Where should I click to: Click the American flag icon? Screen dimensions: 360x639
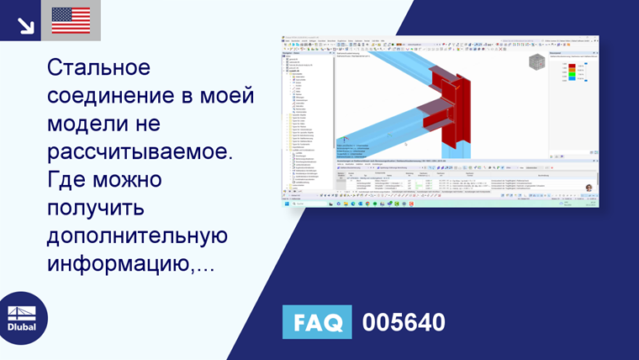71,20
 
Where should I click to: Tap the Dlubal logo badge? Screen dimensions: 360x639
23,318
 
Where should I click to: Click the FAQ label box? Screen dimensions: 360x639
317,322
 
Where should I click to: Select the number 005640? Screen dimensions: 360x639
403,322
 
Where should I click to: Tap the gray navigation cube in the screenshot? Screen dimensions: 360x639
536,62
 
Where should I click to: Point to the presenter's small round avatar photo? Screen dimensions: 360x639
589,188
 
